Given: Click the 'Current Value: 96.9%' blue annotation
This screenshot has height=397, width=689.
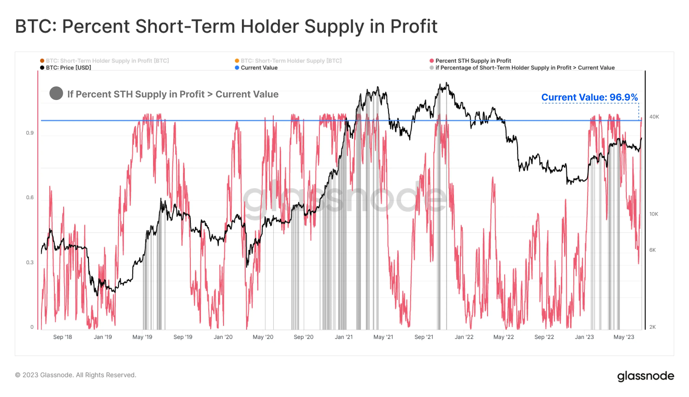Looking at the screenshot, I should pyautogui.click(x=589, y=97).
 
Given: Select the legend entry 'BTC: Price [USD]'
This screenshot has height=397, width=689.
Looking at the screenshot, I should pyautogui.click(x=68, y=68).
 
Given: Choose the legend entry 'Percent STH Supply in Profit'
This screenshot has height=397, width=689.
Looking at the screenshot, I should pyautogui.click(x=473, y=61).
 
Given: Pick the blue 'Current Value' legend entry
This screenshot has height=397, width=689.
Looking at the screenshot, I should pyautogui.click(x=259, y=68).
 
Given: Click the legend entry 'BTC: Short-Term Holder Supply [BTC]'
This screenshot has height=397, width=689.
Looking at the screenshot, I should pyautogui.click(x=291, y=61).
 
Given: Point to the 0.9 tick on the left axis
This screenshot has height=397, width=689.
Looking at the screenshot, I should pyautogui.click(x=30, y=133).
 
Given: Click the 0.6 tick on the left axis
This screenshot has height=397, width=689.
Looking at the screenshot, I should pyautogui.click(x=30, y=197).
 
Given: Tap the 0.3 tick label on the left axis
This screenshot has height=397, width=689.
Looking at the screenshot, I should pyautogui.click(x=30, y=262).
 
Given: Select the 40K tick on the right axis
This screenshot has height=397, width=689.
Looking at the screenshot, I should pyautogui.click(x=654, y=117).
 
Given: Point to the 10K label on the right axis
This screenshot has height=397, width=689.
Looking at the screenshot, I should pyautogui.click(x=653, y=214).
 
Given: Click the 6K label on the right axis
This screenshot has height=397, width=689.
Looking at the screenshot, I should pyautogui.click(x=652, y=250).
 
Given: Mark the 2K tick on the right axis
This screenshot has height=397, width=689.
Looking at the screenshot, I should pyautogui.click(x=652, y=327).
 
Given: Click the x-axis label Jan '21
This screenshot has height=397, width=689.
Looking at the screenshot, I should pyautogui.click(x=344, y=337).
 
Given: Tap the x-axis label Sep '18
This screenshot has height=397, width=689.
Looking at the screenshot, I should pyautogui.click(x=62, y=337).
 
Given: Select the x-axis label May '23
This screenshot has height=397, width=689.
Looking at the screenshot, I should pyautogui.click(x=623, y=337).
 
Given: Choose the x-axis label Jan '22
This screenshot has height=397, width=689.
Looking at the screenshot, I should pyautogui.click(x=464, y=337).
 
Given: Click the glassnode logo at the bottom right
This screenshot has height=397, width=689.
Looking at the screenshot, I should pyautogui.click(x=645, y=376).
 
